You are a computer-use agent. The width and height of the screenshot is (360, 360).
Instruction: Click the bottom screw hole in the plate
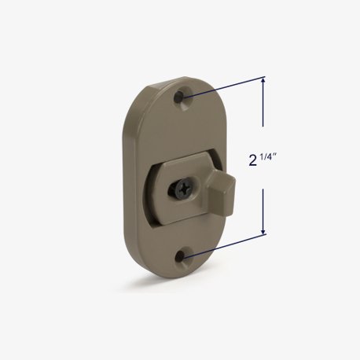coord(187,257)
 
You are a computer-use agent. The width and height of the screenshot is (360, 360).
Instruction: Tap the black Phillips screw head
coord(185,189)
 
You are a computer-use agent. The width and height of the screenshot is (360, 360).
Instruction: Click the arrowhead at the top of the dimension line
coord(263,82)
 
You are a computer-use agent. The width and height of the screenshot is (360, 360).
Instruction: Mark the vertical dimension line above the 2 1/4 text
coord(263,118)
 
